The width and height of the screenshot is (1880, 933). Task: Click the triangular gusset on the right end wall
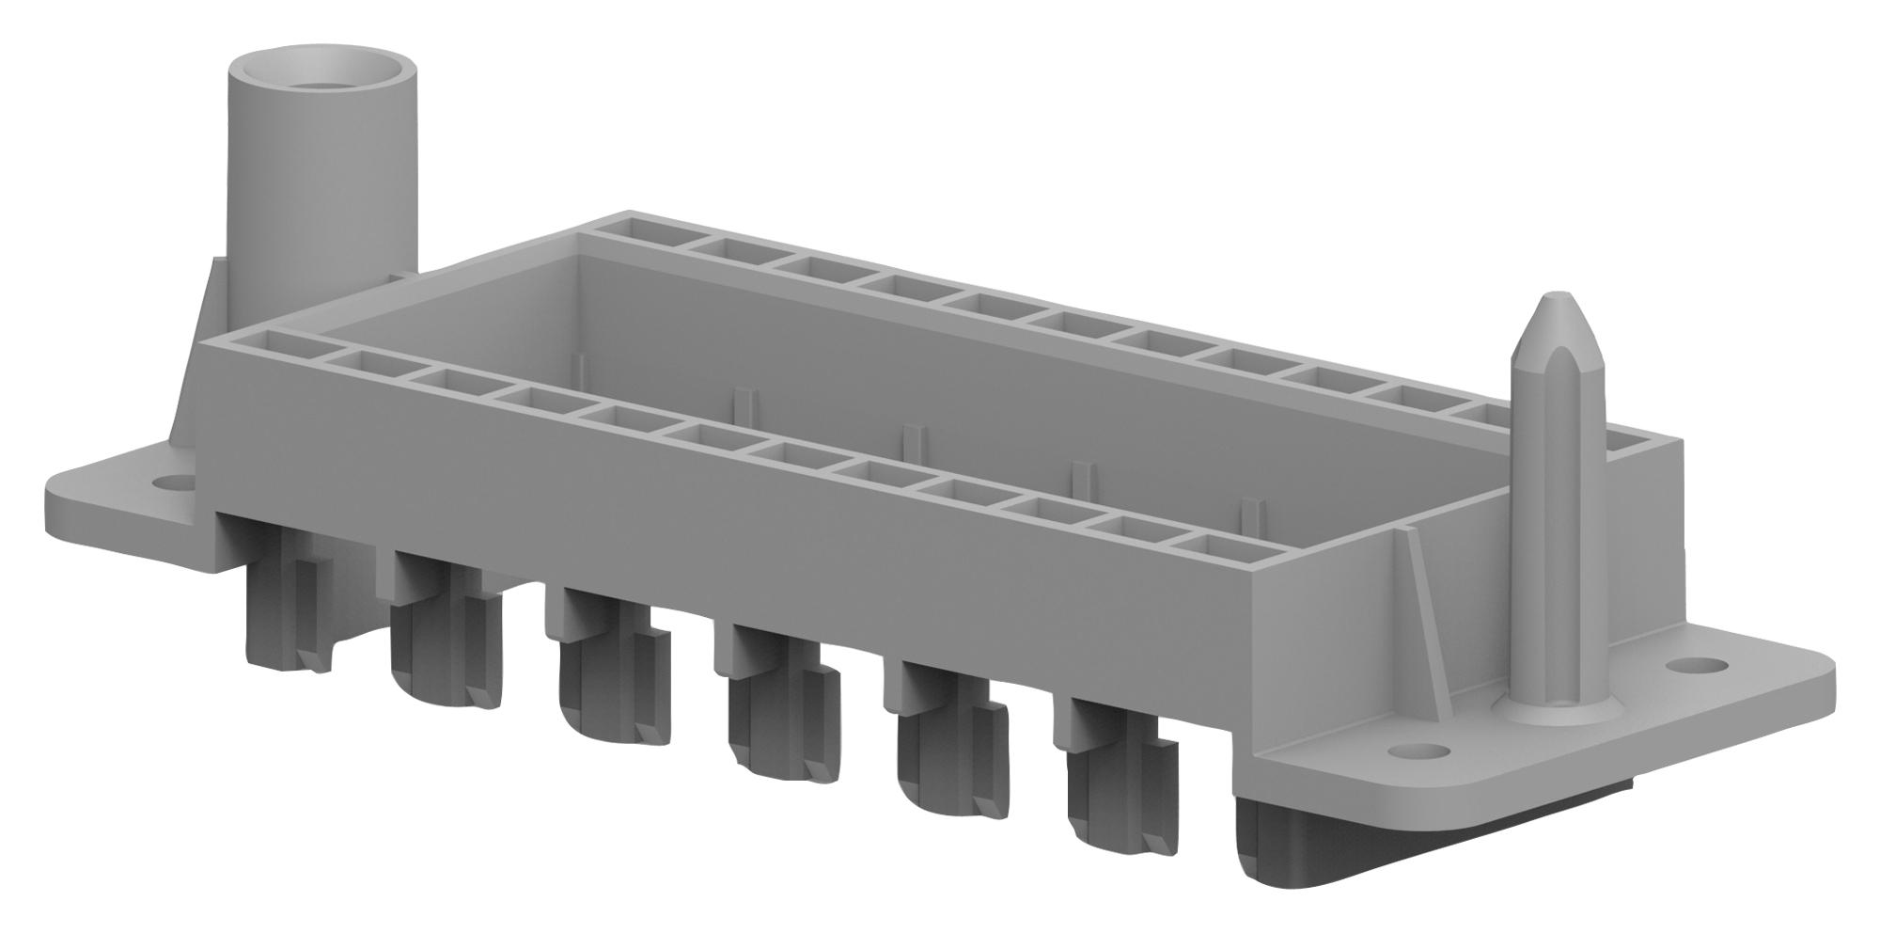pos(1415,602)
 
